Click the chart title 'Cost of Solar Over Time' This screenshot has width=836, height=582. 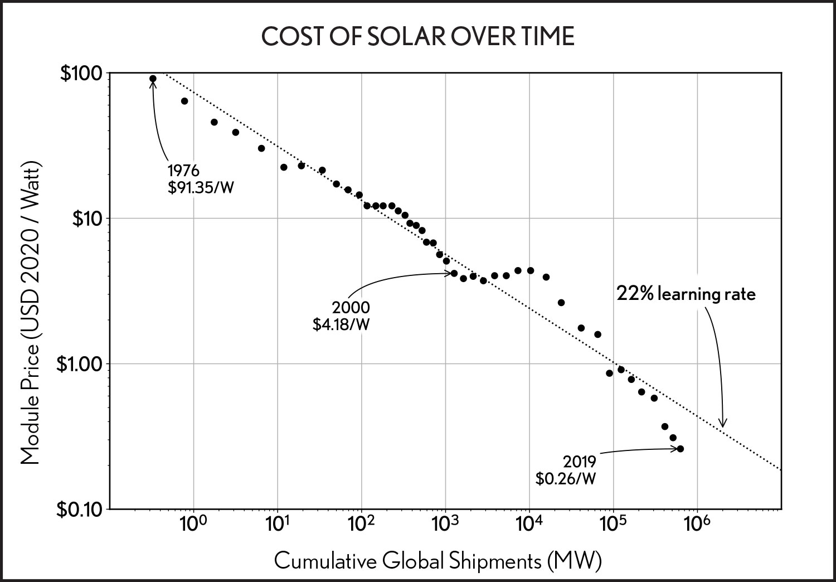[418, 36]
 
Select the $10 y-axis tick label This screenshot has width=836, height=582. [85, 218]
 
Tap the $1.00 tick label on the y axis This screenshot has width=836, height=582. [77, 363]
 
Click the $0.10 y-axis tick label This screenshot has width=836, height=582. [77, 509]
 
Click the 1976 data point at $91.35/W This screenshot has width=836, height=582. [153, 79]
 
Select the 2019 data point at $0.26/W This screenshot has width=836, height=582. [681, 449]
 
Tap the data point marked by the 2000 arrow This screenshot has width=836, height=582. [454, 273]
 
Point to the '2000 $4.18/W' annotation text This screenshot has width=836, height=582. [341, 316]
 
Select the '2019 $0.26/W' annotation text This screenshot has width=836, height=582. [566, 469]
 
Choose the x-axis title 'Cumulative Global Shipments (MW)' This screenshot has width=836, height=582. [438, 560]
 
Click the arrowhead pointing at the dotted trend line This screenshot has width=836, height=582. [723, 424]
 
